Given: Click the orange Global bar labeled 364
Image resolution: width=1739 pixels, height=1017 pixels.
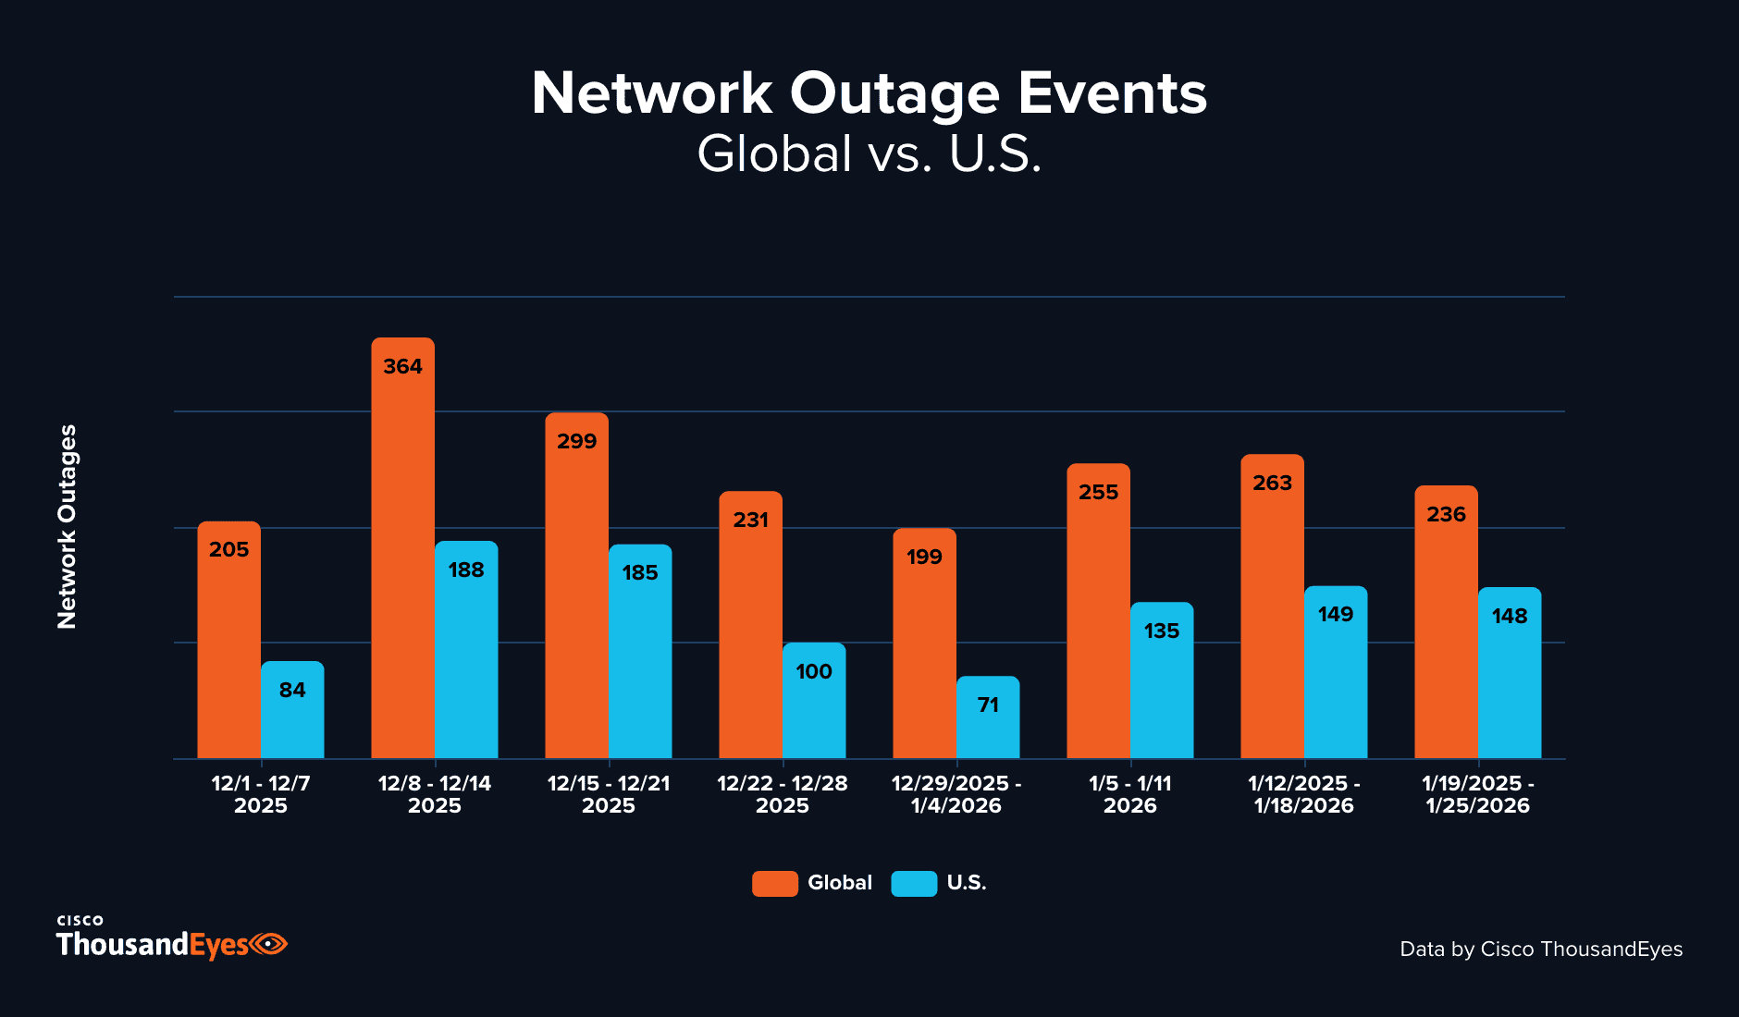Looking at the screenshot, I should coord(402,555).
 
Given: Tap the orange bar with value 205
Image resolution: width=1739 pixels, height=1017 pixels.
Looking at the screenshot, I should coord(228,647).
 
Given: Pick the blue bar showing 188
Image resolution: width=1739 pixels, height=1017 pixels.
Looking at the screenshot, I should coord(466,656).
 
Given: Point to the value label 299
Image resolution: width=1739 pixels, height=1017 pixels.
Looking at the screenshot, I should coord(576,442).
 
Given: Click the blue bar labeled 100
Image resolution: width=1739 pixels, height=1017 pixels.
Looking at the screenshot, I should coord(814,707).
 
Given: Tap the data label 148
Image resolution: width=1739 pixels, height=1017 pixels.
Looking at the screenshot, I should coord(1510,617).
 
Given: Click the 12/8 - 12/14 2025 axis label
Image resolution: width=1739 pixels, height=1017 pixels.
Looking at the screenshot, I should coord(435,794).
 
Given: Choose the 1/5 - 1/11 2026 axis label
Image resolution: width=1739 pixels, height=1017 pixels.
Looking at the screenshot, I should coord(1129,794).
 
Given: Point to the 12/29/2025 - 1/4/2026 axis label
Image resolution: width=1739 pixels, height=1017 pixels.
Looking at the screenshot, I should coord(956,794).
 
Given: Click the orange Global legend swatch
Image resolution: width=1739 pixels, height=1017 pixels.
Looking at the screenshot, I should coord(774,883).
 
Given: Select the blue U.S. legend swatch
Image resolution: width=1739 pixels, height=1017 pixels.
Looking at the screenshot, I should coord(914,883).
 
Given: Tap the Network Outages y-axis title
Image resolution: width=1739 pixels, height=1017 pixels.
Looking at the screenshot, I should coord(68,527).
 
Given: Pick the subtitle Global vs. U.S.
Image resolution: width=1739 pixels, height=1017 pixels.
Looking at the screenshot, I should coord(869,154).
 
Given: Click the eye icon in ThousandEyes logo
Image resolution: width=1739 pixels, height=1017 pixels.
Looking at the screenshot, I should coord(268,944).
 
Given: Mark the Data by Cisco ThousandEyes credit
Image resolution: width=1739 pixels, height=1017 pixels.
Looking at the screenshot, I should coord(1540,950).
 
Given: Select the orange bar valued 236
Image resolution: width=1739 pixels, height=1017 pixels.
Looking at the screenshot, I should coord(1446,629).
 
